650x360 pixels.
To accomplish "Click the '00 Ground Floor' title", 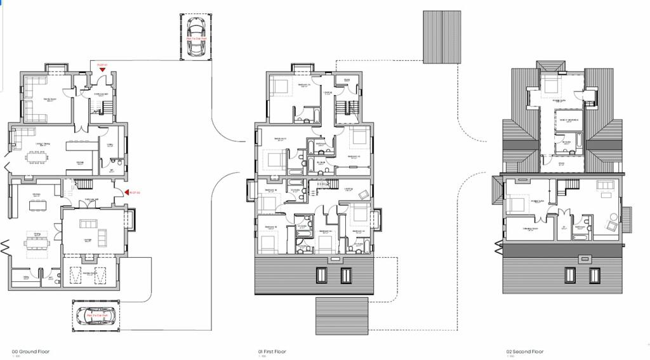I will click(30, 351).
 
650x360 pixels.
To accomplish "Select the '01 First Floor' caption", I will click(272, 351).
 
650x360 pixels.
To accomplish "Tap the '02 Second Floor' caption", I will click(525, 351).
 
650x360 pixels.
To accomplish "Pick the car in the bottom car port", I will click(94, 316).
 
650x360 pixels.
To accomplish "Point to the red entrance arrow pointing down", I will click(102, 69).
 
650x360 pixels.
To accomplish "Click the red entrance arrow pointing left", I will click(127, 192).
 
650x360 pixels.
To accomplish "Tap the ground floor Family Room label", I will click(50, 100).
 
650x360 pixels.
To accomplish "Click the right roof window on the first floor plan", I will click(346, 276).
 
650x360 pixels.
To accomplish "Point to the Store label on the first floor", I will click(347, 80).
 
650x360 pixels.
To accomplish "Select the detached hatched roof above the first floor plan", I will click(441, 36).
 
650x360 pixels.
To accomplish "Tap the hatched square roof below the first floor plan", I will click(342, 316).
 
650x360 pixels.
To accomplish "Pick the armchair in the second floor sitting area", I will click(613, 225).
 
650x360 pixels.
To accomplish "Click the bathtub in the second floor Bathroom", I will click(580, 237).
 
